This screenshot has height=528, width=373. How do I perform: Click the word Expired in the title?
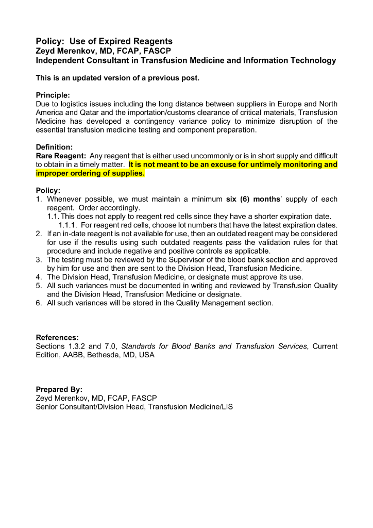[106, 41]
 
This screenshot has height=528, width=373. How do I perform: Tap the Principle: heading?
[53, 95]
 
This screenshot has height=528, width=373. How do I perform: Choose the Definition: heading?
[54, 147]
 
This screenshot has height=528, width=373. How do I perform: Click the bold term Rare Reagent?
[61, 156]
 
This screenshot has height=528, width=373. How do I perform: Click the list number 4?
[39, 277]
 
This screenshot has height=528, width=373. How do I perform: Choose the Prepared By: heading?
[59, 389]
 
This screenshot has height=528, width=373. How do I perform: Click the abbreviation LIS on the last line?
[227, 407]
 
